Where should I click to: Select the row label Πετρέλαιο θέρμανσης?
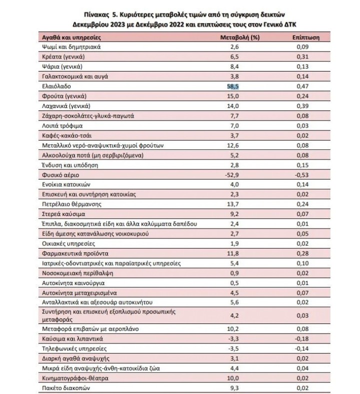coord(67,204)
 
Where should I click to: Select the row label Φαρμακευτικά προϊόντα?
coord(70,253)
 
